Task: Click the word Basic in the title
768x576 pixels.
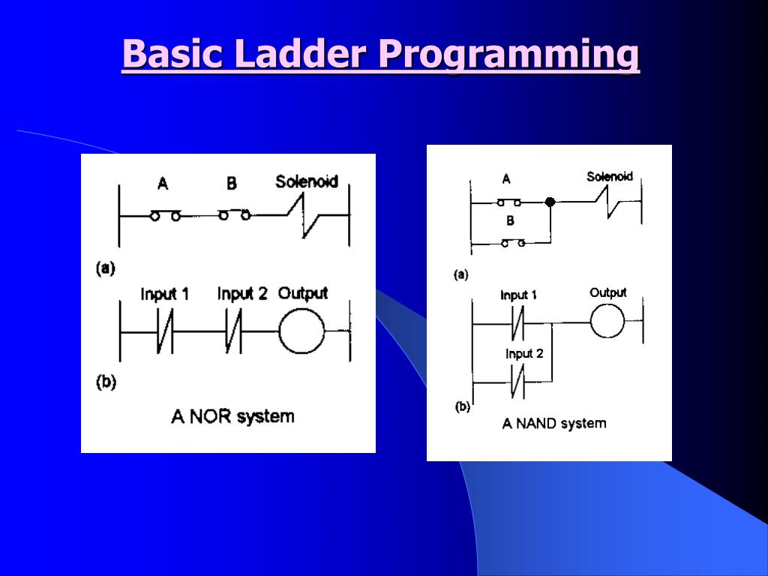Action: (x=172, y=54)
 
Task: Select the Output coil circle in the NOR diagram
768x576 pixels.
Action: (x=301, y=330)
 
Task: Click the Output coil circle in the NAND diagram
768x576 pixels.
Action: (x=607, y=322)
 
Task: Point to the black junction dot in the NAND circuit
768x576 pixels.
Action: (x=550, y=202)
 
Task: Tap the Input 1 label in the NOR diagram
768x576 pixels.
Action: (x=164, y=294)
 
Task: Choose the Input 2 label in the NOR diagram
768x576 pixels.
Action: (x=241, y=294)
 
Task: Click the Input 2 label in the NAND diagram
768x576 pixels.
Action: (x=524, y=354)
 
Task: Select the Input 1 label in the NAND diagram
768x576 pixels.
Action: (x=519, y=295)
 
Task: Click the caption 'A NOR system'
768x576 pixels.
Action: (x=232, y=416)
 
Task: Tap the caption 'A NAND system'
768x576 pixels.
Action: (x=554, y=424)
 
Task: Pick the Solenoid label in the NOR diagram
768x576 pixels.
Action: (x=306, y=181)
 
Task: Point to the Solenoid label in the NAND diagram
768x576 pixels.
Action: (x=609, y=177)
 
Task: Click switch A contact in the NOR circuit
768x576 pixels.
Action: (x=165, y=216)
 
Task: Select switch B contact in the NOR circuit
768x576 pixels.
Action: (x=234, y=215)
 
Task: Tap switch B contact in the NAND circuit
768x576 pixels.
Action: (x=512, y=243)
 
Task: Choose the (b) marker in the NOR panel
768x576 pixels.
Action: (x=105, y=382)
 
